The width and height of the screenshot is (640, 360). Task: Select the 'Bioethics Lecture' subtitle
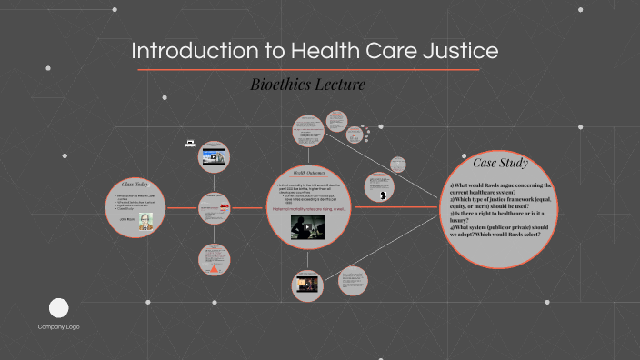(307, 85)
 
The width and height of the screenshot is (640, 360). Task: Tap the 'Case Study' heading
(501, 164)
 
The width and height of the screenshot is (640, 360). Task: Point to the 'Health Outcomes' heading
(309, 173)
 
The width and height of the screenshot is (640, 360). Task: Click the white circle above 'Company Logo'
(59, 307)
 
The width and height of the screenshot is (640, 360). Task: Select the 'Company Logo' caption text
(59, 326)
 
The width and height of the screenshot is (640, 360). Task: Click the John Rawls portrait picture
(145, 224)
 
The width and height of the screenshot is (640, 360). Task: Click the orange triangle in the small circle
(215, 269)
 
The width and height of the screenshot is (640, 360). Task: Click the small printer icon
(190, 142)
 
